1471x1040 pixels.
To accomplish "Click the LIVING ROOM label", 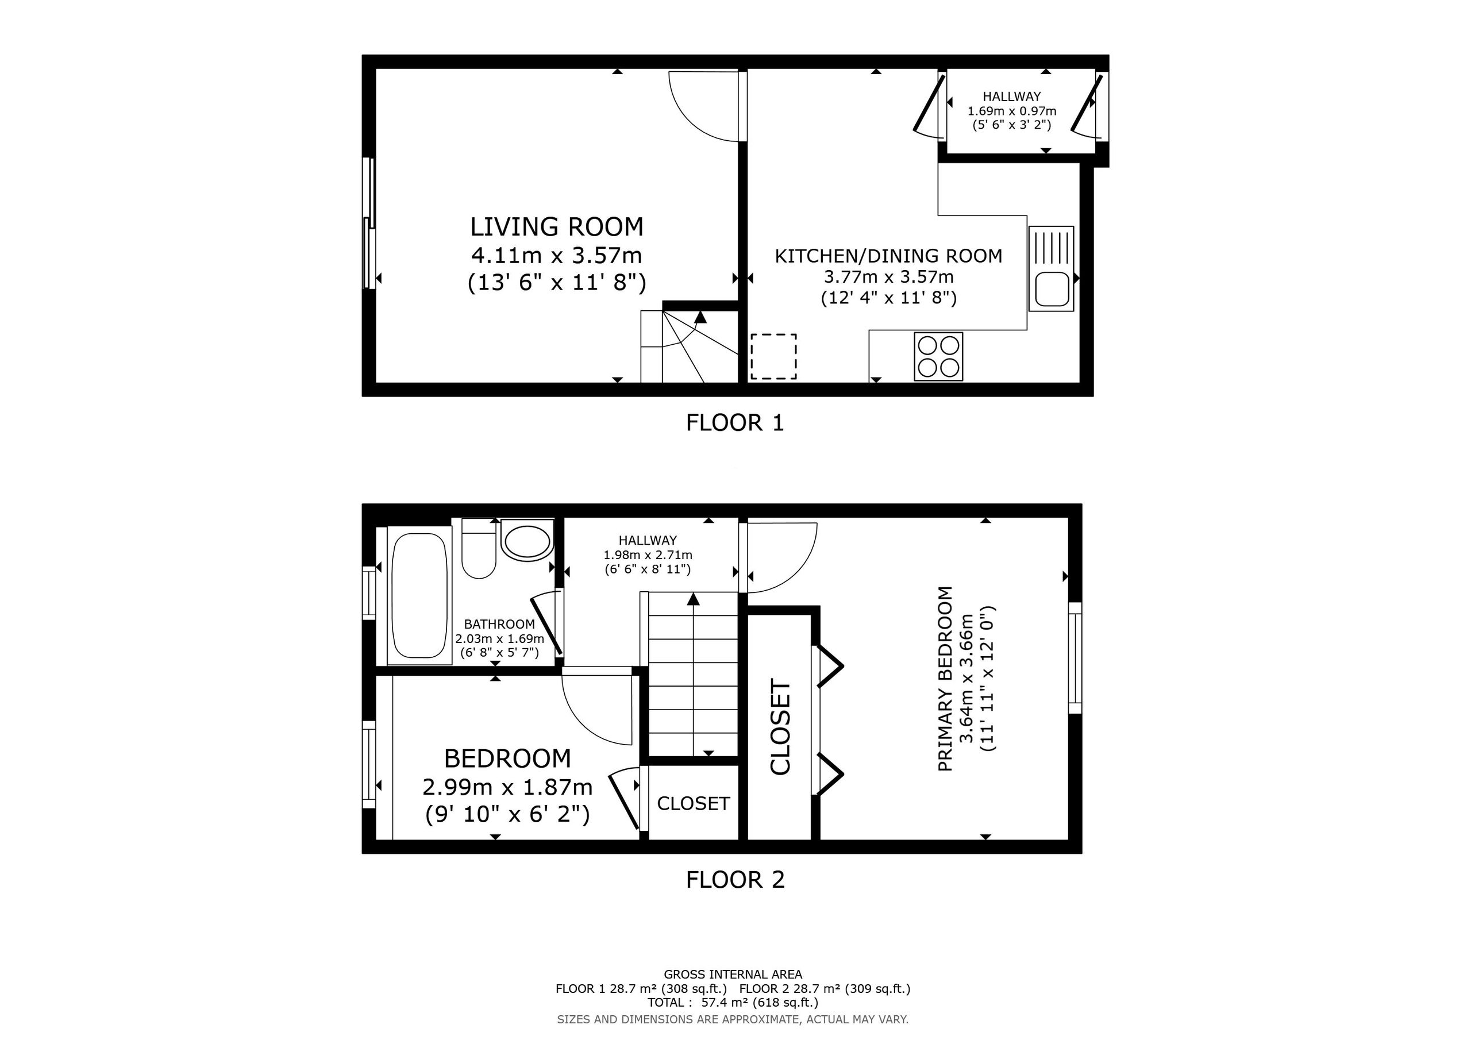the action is point(557,227).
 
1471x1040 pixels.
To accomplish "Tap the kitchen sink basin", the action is point(1052,289).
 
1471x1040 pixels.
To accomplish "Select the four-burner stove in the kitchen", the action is point(938,356).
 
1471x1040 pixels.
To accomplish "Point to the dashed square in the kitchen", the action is point(774,356).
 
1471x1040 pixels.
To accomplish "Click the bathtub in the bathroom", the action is point(419,596).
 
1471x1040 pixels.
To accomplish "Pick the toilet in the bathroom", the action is point(478,549).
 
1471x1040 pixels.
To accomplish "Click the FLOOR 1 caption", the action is point(735,423).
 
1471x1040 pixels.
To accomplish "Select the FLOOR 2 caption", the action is point(735,880).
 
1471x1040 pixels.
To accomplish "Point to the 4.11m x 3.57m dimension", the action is point(557,256).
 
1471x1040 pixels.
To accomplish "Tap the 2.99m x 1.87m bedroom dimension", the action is point(507,786).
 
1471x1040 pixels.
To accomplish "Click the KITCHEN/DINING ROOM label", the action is point(888,256).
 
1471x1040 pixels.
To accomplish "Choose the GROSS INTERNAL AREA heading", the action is point(733,974).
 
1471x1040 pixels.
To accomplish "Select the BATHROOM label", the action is point(499,624).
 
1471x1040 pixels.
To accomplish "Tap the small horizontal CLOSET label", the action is point(693,803).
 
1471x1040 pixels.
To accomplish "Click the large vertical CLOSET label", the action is point(780,727).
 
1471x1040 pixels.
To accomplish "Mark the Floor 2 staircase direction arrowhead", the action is point(693,599).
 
